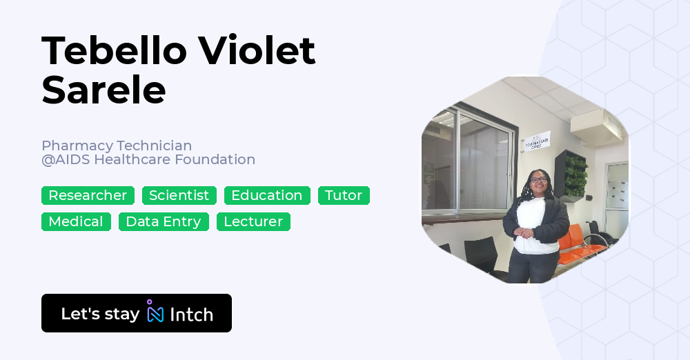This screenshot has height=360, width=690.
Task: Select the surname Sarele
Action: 103,90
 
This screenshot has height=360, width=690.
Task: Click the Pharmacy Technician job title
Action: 117,146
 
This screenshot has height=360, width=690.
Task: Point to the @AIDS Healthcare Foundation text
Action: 148,160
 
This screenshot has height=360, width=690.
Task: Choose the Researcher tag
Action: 88,196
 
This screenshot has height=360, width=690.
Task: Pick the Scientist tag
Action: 179,196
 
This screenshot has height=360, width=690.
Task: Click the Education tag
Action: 267,196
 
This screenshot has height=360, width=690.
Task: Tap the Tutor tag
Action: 344,196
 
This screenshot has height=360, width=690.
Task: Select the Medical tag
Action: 76,222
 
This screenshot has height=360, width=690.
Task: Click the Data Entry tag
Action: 164,222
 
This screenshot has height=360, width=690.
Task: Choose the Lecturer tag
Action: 253,222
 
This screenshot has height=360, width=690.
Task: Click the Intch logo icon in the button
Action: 155,312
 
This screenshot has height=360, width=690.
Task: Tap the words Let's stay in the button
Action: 100,314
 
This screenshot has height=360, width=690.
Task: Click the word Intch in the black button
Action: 191,314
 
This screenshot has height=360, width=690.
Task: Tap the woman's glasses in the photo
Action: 538,181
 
